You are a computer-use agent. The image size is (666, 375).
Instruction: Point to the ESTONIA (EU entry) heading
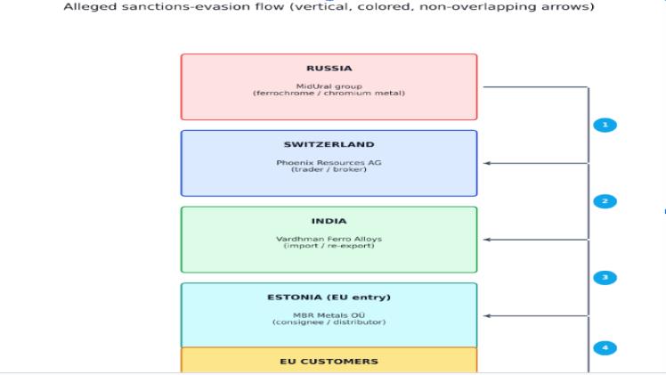[x=329, y=297]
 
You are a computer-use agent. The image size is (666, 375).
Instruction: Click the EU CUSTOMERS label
[x=329, y=361]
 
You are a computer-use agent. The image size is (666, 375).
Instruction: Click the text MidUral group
[x=329, y=86]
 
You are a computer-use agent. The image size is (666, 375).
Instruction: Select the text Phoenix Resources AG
[x=329, y=163]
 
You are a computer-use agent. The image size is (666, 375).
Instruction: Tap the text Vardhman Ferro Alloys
[x=329, y=240]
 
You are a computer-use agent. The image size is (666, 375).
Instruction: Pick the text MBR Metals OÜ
[x=329, y=315]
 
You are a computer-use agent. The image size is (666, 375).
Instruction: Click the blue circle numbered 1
[x=605, y=125]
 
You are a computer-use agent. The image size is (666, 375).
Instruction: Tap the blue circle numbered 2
[x=605, y=201]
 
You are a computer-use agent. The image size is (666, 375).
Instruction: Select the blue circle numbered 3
[x=605, y=278]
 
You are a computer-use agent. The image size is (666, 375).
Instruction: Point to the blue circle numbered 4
[x=605, y=347]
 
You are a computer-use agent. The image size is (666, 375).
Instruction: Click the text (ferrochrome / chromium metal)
[x=329, y=93]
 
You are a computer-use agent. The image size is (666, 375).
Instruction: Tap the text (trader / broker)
[x=329, y=170]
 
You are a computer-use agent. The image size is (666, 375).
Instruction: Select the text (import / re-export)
[x=329, y=247]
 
